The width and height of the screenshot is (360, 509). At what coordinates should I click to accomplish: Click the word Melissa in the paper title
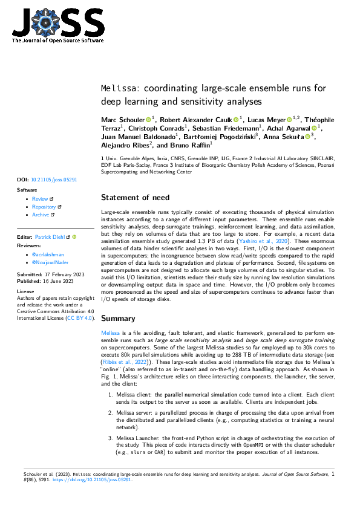point(113,88)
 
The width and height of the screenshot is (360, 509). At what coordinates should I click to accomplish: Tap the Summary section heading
point(119,318)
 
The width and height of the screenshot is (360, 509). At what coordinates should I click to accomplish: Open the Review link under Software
point(40,199)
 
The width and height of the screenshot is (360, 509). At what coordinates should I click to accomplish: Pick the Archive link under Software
point(41,215)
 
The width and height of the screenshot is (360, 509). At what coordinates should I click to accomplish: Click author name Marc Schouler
point(122,120)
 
